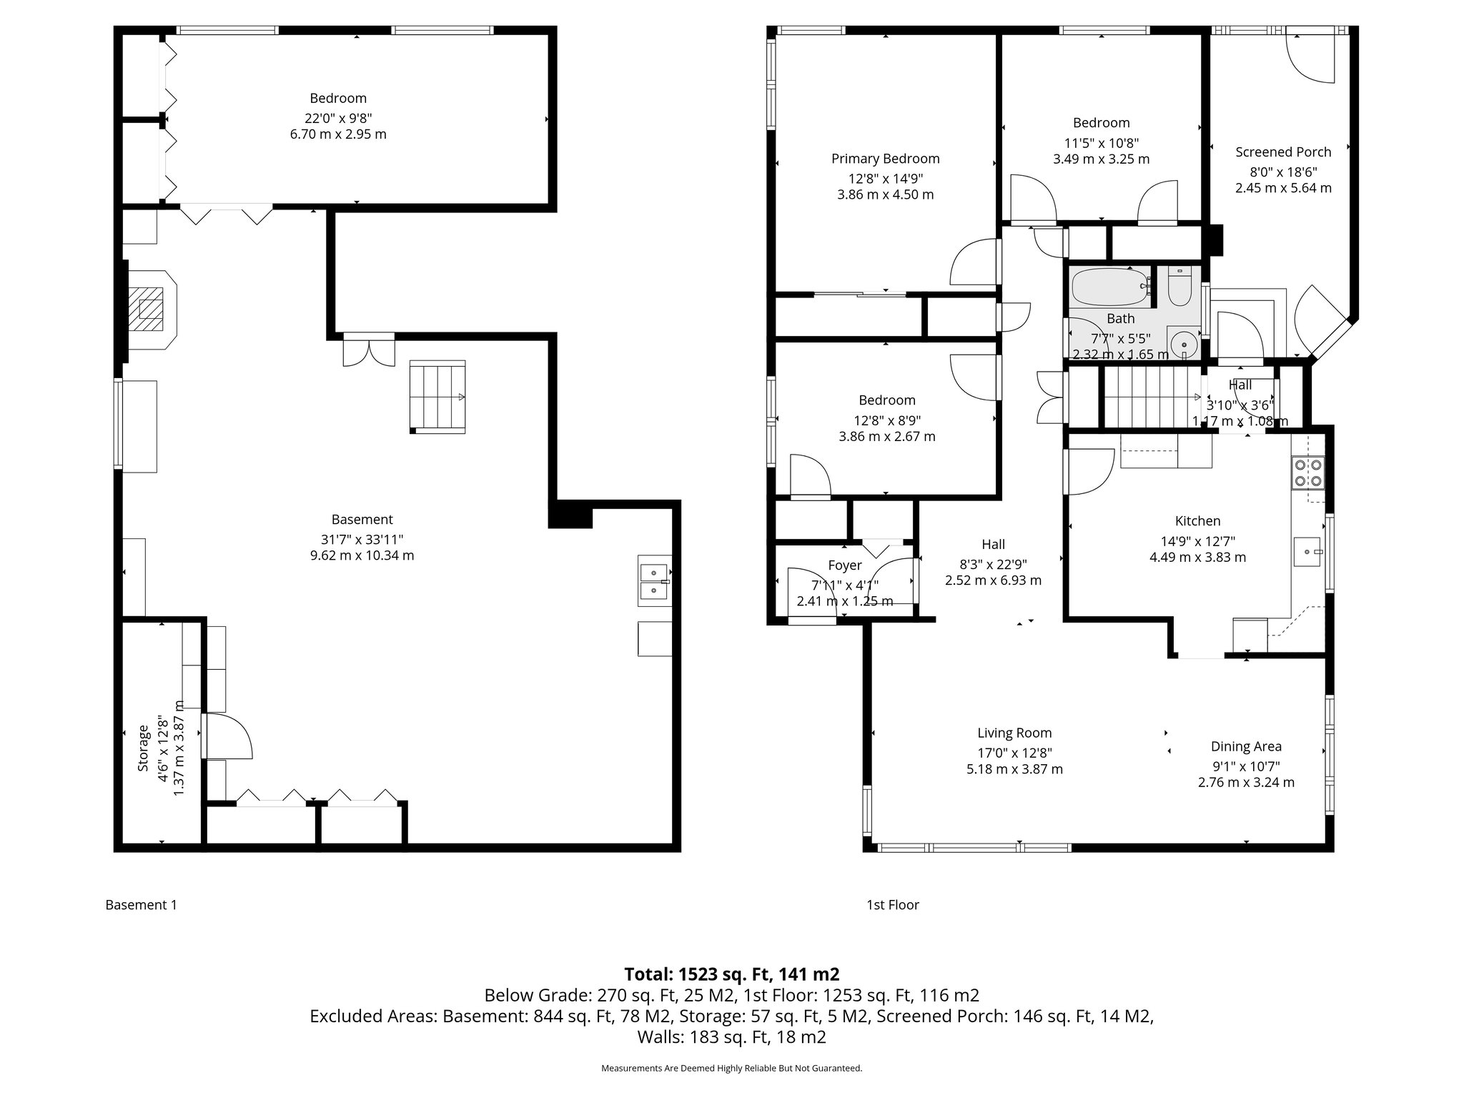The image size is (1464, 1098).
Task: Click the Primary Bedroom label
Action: coord(885,159)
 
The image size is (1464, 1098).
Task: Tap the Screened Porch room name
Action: coord(1283,152)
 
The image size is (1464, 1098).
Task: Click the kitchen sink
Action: coord(1309,552)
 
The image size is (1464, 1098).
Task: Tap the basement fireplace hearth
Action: coord(151,309)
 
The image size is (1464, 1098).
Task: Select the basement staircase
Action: coord(437,397)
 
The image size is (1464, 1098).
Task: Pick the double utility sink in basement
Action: coord(654,581)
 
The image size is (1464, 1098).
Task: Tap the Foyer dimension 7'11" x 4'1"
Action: coord(844,584)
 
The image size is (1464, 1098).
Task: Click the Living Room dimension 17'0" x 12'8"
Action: coord(1014,753)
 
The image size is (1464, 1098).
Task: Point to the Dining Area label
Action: coord(1246,747)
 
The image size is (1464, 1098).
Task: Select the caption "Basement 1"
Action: coord(141,905)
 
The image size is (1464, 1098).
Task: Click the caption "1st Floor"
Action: coord(892,905)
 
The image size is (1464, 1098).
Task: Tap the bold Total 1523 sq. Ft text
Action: coord(731,974)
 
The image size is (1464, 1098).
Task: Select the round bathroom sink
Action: coord(1184,342)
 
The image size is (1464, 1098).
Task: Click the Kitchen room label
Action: coord(1197,521)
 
